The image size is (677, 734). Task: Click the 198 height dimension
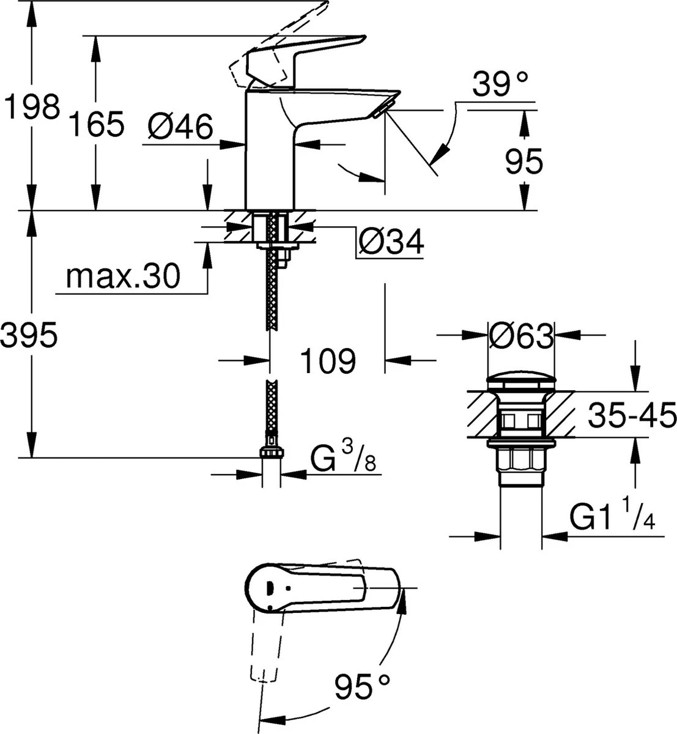(x=32, y=107)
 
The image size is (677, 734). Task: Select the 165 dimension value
(x=95, y=124)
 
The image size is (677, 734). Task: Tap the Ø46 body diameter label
(x=180, y=128)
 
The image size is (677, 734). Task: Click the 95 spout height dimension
(x=524, y=162)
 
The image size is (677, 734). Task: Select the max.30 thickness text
(x=124, y=276)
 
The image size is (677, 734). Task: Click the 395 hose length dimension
(x=29, y=335)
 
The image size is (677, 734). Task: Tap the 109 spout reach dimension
(x=327, y=361)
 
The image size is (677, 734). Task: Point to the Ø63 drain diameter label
(x=521, y=336)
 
